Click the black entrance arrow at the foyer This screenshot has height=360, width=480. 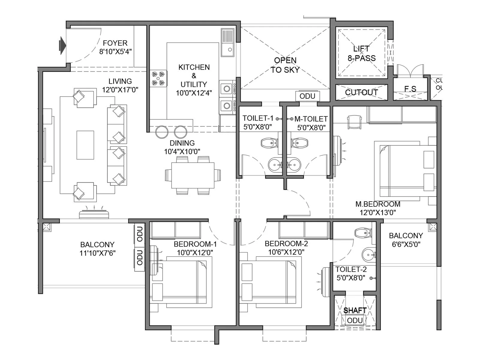[63, 45]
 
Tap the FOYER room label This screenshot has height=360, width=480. [115, 43]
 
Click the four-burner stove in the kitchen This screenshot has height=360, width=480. [158, 78]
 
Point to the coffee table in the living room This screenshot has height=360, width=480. [85, 145]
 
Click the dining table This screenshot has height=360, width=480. [193, 175]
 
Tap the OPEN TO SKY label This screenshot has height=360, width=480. [285, 65]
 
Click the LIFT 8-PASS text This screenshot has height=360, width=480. [361, 53]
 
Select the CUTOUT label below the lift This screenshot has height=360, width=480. [361, 92]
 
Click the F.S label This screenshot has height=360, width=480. [410, 89]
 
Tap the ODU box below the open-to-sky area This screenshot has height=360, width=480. [307, 96]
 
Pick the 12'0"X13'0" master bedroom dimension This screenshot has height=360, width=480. [378, 213]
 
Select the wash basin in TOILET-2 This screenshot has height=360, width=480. [368, 255]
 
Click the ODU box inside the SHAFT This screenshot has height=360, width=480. [355, 321]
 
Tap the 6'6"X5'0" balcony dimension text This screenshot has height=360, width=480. [406, 244]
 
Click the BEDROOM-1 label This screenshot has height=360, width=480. [195, 244]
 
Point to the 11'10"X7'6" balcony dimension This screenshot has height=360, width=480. [97, 253]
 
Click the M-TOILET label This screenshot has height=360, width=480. [311, 119]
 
